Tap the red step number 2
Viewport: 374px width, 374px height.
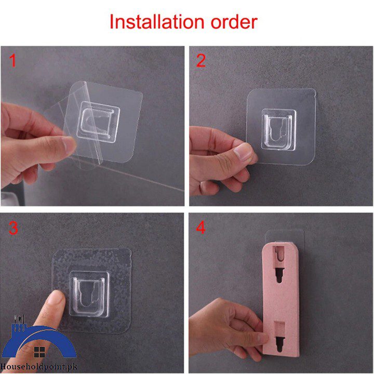coord(201,61)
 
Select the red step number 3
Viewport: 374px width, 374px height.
coord(13,228)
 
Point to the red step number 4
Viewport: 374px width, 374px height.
coord(201,228)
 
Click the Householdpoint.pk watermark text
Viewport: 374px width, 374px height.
coord(38,367)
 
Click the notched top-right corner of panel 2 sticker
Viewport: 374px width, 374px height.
coord(313,94)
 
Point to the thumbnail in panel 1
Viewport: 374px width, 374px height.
coord(69,144)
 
